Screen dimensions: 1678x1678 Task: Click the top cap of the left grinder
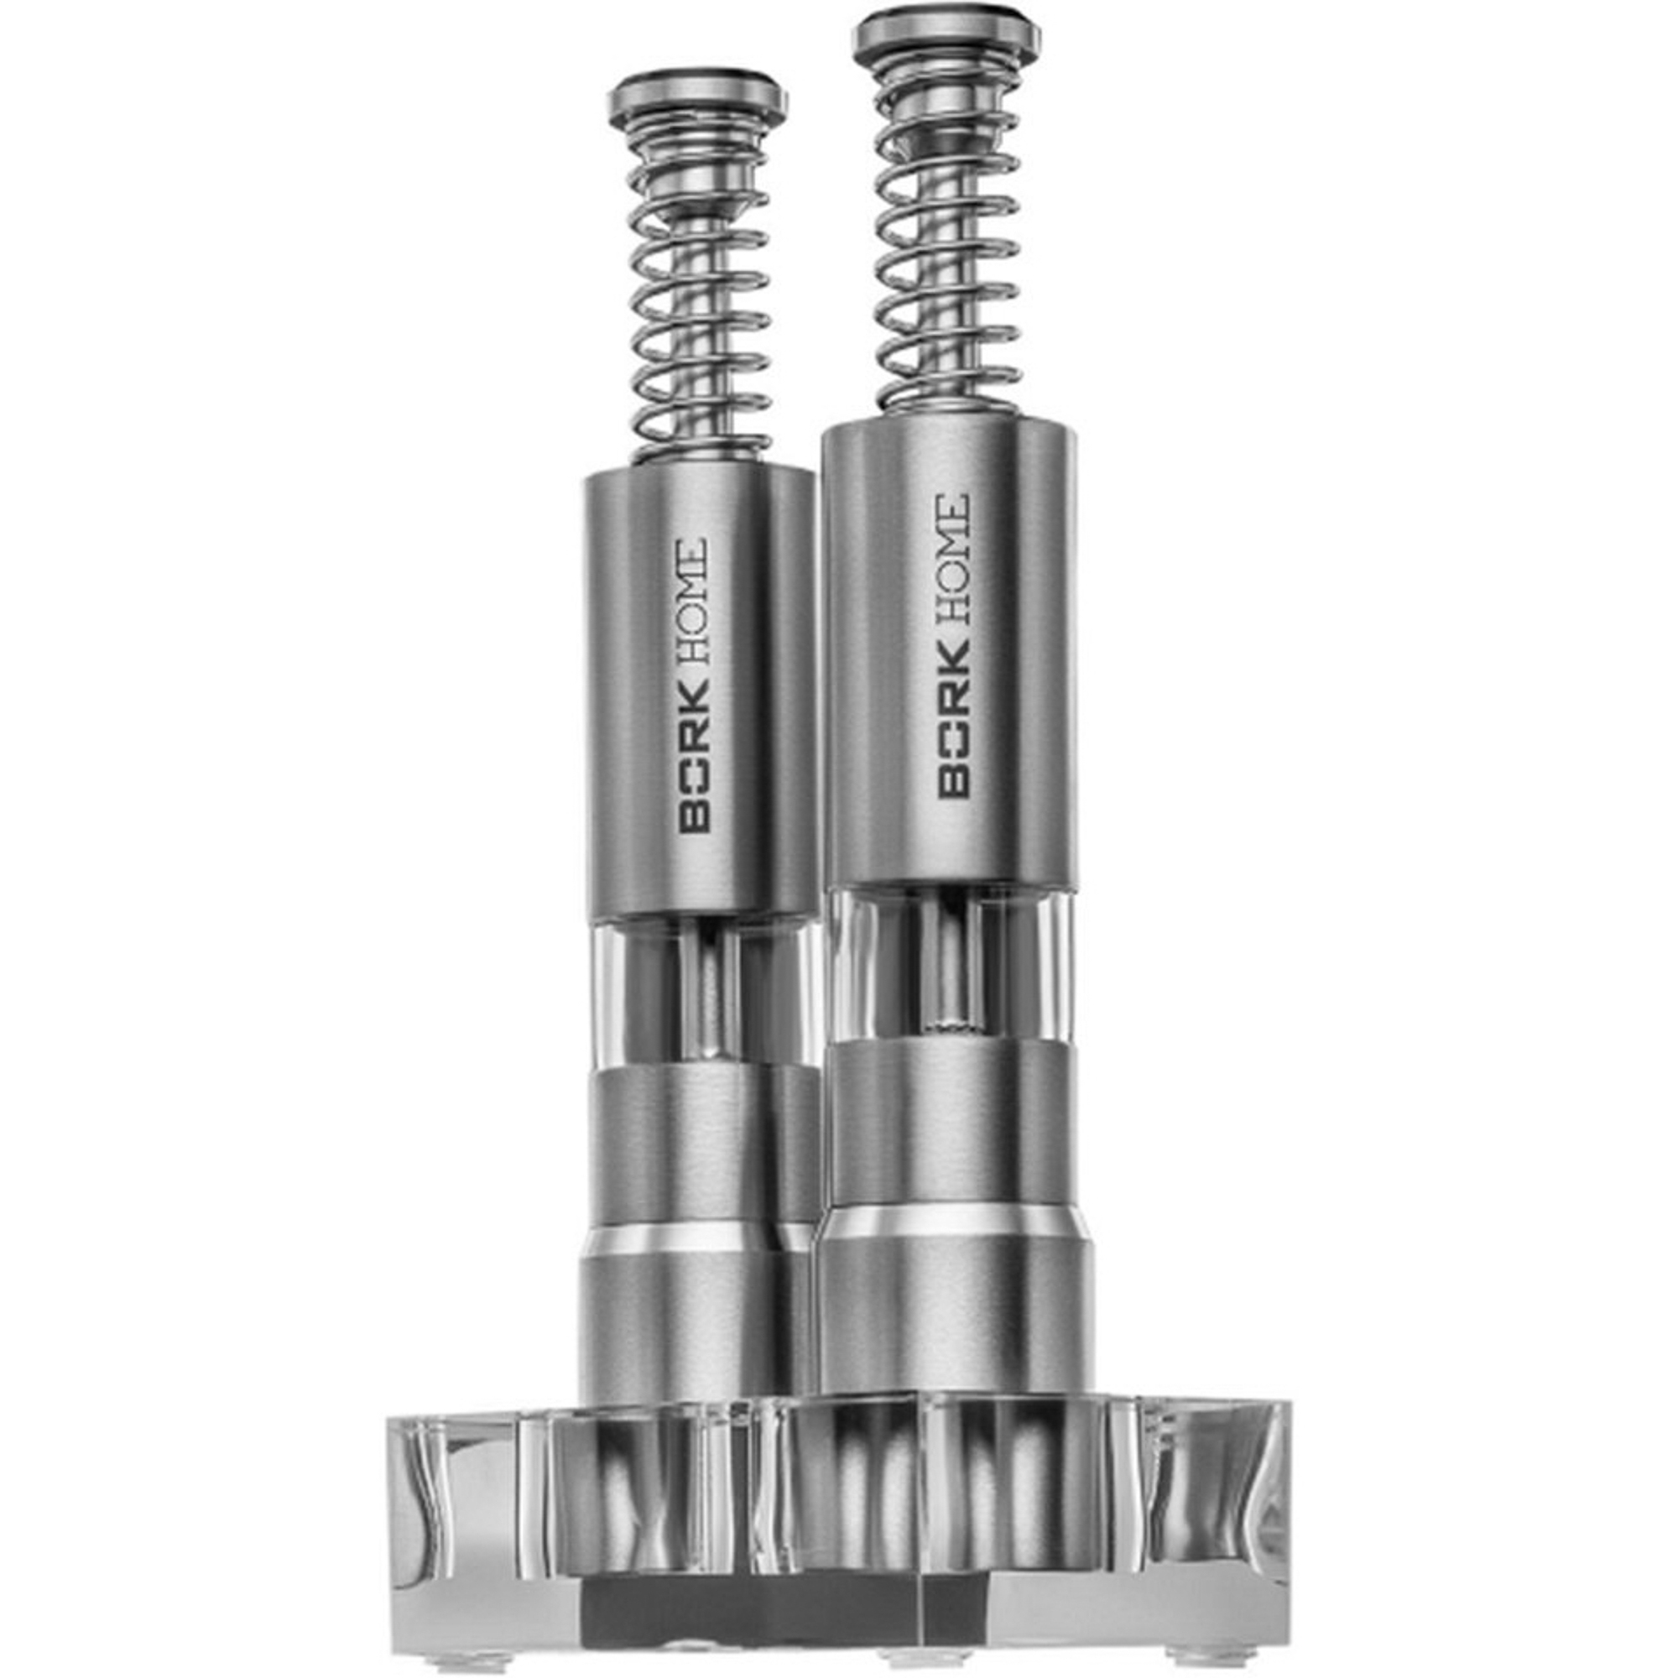point(697,97)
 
